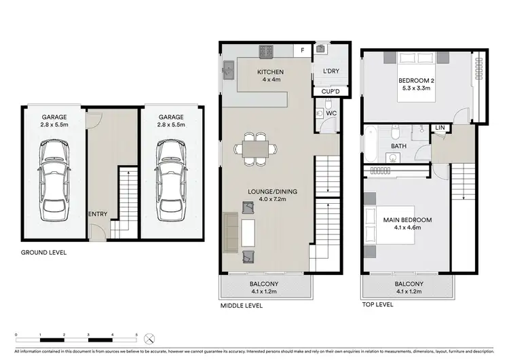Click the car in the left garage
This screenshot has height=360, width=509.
(x=54, y=180)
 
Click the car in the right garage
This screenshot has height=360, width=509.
(x=170, y=180)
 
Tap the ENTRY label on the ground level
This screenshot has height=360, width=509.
(x=98, y=215)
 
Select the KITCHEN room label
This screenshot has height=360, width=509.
(x=270, y=72)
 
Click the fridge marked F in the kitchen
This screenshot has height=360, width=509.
(x=302, y=50)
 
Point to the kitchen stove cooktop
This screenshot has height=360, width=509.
(x=266, y=50)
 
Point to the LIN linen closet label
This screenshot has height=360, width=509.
(x=440, y=127)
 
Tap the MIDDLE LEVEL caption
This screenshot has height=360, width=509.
(x=241, y=306)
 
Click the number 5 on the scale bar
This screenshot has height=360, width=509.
(x=136, y=336)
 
